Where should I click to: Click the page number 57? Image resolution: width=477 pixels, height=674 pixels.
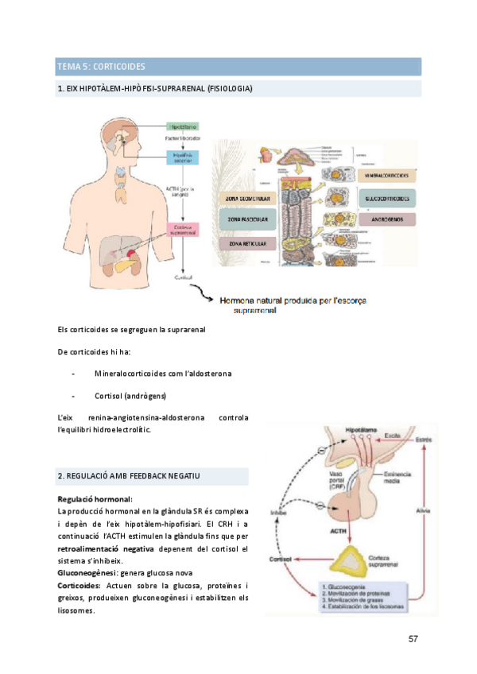pyautogui.click(x=413, y=639)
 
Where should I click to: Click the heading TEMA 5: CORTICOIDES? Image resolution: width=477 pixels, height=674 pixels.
pyautogui.click(x=101, y=65)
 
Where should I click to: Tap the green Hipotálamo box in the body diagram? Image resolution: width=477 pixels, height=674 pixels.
pyautogui.click(x=183, y=126)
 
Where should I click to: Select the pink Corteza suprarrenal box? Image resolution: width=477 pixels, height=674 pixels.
pyautogui.click(x=183, y=230)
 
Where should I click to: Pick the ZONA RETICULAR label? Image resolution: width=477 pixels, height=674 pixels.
pyautogui.click(x=247, y=243)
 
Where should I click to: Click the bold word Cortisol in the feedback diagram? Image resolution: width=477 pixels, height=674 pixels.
pyautogui.click(x=280, y=559)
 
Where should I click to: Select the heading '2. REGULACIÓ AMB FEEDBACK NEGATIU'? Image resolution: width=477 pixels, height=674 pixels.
pyautogui.click(x=128, y=475)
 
